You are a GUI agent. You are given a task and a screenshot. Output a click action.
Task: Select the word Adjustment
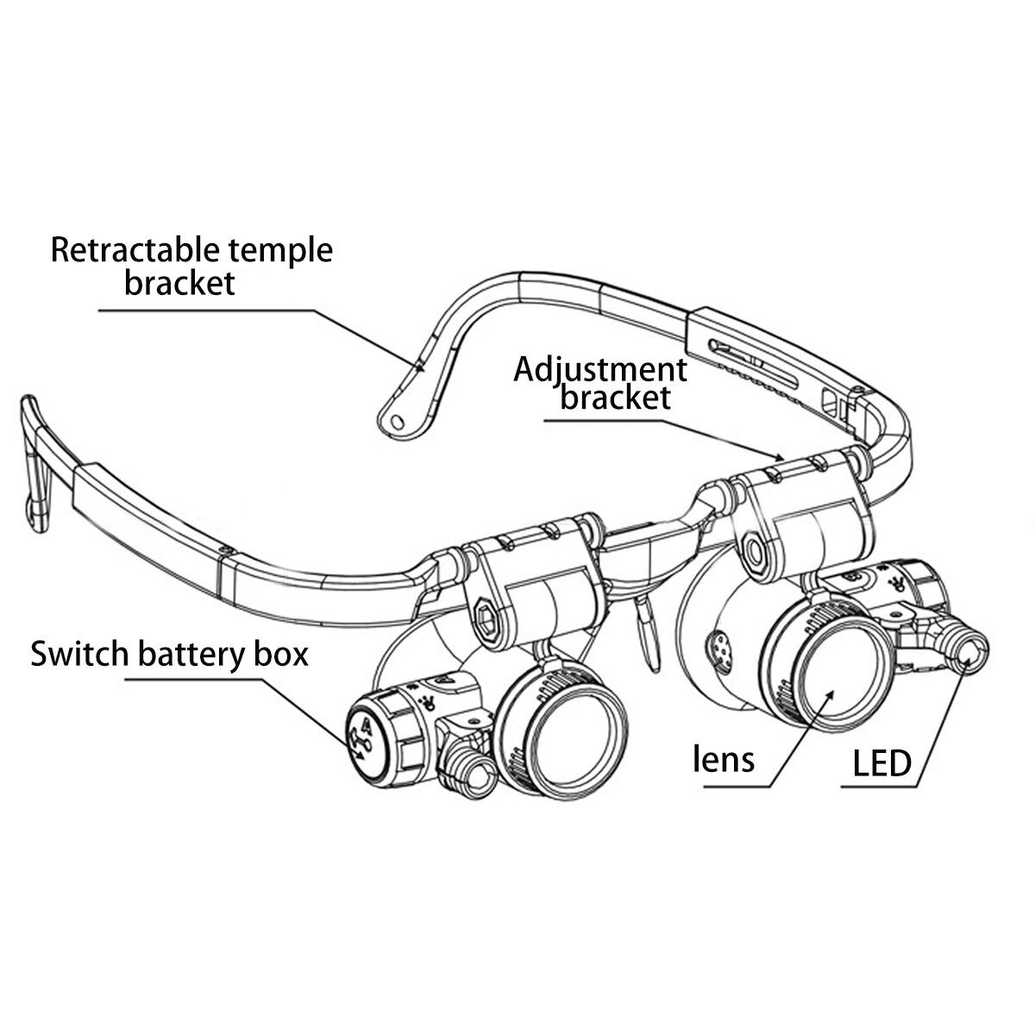pyautogui.click(x=600, y=369)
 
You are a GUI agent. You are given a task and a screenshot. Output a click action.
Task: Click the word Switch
pyautogui.click(x=78, y=654)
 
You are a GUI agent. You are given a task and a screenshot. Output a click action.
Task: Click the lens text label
pyautogui.click(x=724, y=760)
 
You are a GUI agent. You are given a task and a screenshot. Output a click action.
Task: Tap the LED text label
pyautogui.click(x=881, y=763)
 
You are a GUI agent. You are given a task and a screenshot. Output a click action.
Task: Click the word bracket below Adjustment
pyautogui.click(x=615, y=398)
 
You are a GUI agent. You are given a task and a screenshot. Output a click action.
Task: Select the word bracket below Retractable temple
pyautogui.click(x=179, y=282)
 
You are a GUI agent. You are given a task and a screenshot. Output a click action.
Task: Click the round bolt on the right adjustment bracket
pyautogui.click(x=756, y=549)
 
